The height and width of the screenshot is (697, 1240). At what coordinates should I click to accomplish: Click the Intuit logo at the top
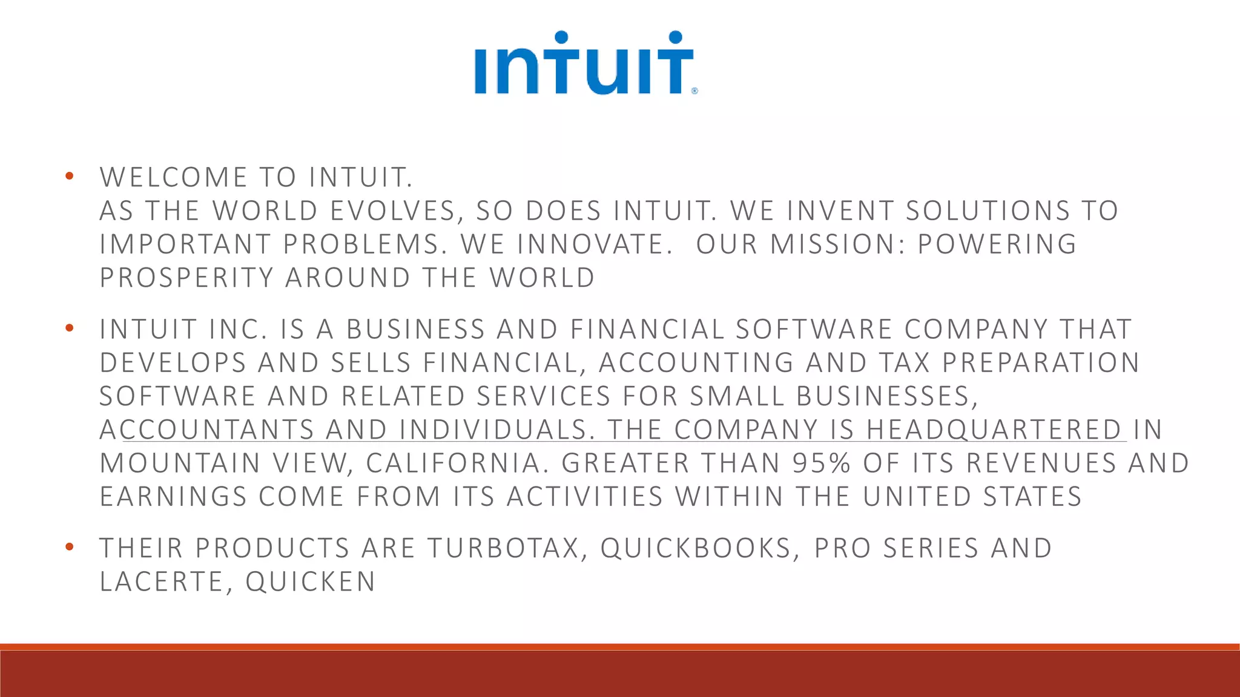point(584,64)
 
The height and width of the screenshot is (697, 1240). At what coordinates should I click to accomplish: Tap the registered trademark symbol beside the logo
point(694,91)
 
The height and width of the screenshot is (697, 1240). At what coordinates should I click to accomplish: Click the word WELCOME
point(174,177)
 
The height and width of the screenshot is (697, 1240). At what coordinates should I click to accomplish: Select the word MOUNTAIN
point(180,463)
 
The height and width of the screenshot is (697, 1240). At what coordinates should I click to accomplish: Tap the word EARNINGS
point(173,497)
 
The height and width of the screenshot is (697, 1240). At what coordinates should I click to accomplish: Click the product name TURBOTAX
point(503,548)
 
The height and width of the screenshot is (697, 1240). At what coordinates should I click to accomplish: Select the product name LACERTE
point(162,581)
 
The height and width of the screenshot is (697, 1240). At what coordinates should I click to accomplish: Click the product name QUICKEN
point(311,581)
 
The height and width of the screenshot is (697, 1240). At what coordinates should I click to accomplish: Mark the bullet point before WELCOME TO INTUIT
point(70,176)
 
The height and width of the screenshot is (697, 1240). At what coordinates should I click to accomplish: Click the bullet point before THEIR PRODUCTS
point(70,547)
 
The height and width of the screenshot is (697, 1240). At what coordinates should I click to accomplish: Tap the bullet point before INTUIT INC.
point(70,328)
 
